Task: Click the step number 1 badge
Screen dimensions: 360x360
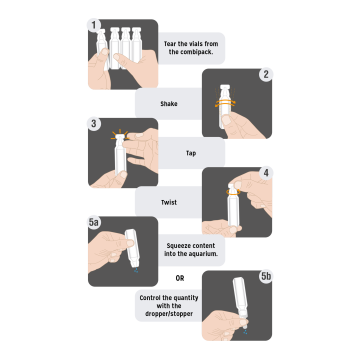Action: click(94, 25)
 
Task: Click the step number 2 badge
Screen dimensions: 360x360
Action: click(266, 75)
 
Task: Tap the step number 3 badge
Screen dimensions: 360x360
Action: click(94, 124)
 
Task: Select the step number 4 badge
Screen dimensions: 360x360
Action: click(266, 173)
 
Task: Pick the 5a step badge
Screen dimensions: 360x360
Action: click(95, 223)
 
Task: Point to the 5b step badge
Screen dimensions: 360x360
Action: click(266, 277)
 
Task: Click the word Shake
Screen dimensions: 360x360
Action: click(169, 104)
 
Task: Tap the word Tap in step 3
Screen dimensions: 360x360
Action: click(191, 153)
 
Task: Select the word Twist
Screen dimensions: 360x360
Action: click(169, 202)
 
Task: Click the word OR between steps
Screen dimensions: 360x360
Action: click(180, 279)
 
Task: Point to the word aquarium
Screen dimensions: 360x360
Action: click(204, 254)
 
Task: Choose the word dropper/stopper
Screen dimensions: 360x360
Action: click(169, 314)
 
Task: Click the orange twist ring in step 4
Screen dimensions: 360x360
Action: click(233, 192)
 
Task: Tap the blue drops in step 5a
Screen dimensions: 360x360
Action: click(136, 271)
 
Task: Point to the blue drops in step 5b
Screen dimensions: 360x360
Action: click(245, 332)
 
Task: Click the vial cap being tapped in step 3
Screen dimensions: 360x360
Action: click(120, 136)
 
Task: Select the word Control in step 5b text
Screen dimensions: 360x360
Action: click(151, 298)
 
